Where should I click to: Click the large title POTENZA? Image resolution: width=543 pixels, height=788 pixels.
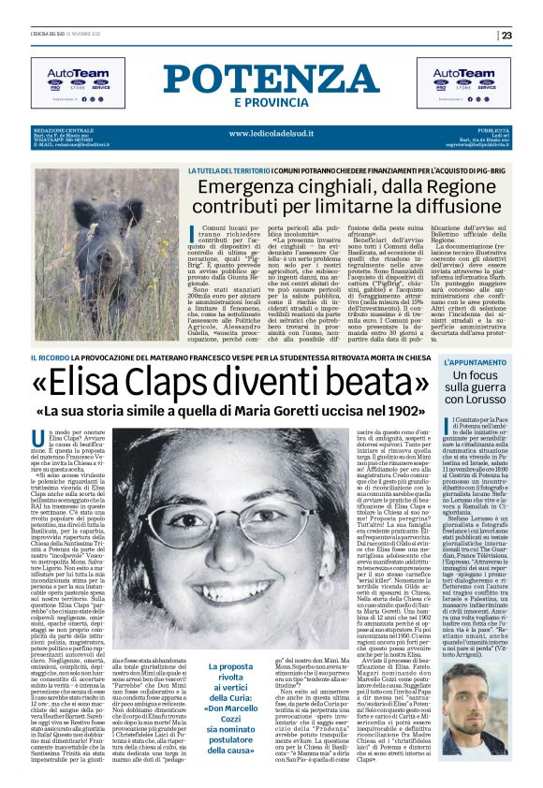point(271,79)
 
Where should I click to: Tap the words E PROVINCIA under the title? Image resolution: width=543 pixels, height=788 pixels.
point(271,102)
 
